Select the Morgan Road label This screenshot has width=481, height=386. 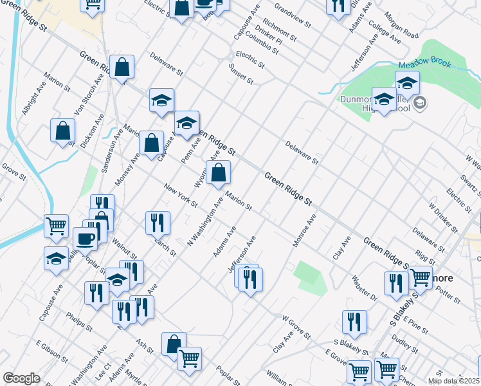pos(401,26)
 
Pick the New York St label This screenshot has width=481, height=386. pos(181,196)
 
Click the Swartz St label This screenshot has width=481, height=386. pos(467,184)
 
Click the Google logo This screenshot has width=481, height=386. pos(21,378)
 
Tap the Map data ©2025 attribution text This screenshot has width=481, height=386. pos(453,381)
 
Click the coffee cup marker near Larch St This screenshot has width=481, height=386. pos(85,239)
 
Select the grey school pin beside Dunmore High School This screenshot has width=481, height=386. pos(420,103)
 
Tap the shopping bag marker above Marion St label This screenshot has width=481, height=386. pos(219,172)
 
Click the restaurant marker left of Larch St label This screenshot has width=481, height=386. pos(158,223)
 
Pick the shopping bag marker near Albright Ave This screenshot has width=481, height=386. pos(62,130)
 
